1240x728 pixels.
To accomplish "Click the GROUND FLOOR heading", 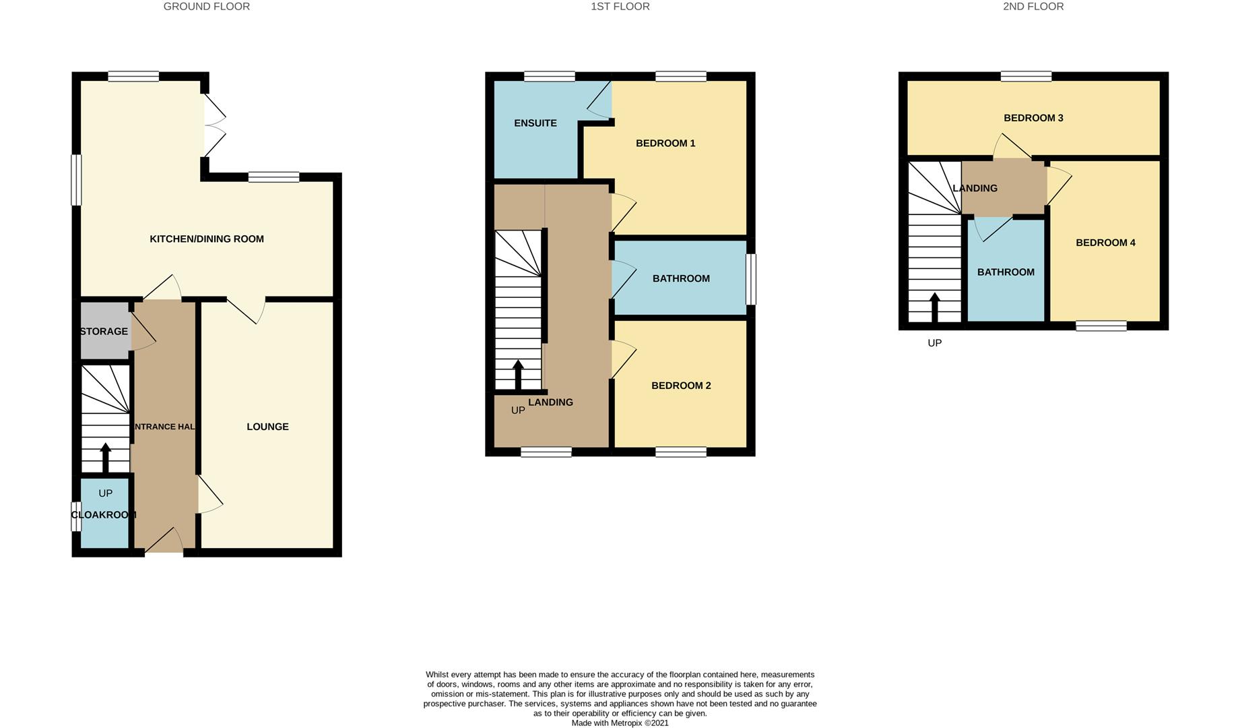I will pos(206,7).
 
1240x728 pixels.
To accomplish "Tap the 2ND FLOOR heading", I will pos(1033,7).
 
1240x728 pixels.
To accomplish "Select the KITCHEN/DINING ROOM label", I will pos(206,239).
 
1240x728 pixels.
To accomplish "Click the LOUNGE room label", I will pos(267,427).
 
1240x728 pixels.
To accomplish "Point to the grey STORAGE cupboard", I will pos(104,331).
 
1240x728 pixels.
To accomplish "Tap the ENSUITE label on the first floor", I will pos(535,123).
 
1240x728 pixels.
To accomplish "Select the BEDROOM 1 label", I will pos(665,143).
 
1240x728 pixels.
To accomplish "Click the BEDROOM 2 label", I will pos(680,386).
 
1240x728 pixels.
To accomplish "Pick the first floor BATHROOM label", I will pos(680,278).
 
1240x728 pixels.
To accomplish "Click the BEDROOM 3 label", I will pos(1033,118).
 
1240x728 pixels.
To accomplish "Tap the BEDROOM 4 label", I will pos(1105,243).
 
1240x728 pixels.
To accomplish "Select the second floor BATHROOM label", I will pos(1005,272).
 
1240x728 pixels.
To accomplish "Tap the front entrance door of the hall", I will pos(164,541).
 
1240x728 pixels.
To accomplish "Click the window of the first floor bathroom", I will pos(750,278).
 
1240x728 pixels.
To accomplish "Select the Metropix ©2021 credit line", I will pos(620,723).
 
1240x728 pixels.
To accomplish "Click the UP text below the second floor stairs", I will pos(934,343).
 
